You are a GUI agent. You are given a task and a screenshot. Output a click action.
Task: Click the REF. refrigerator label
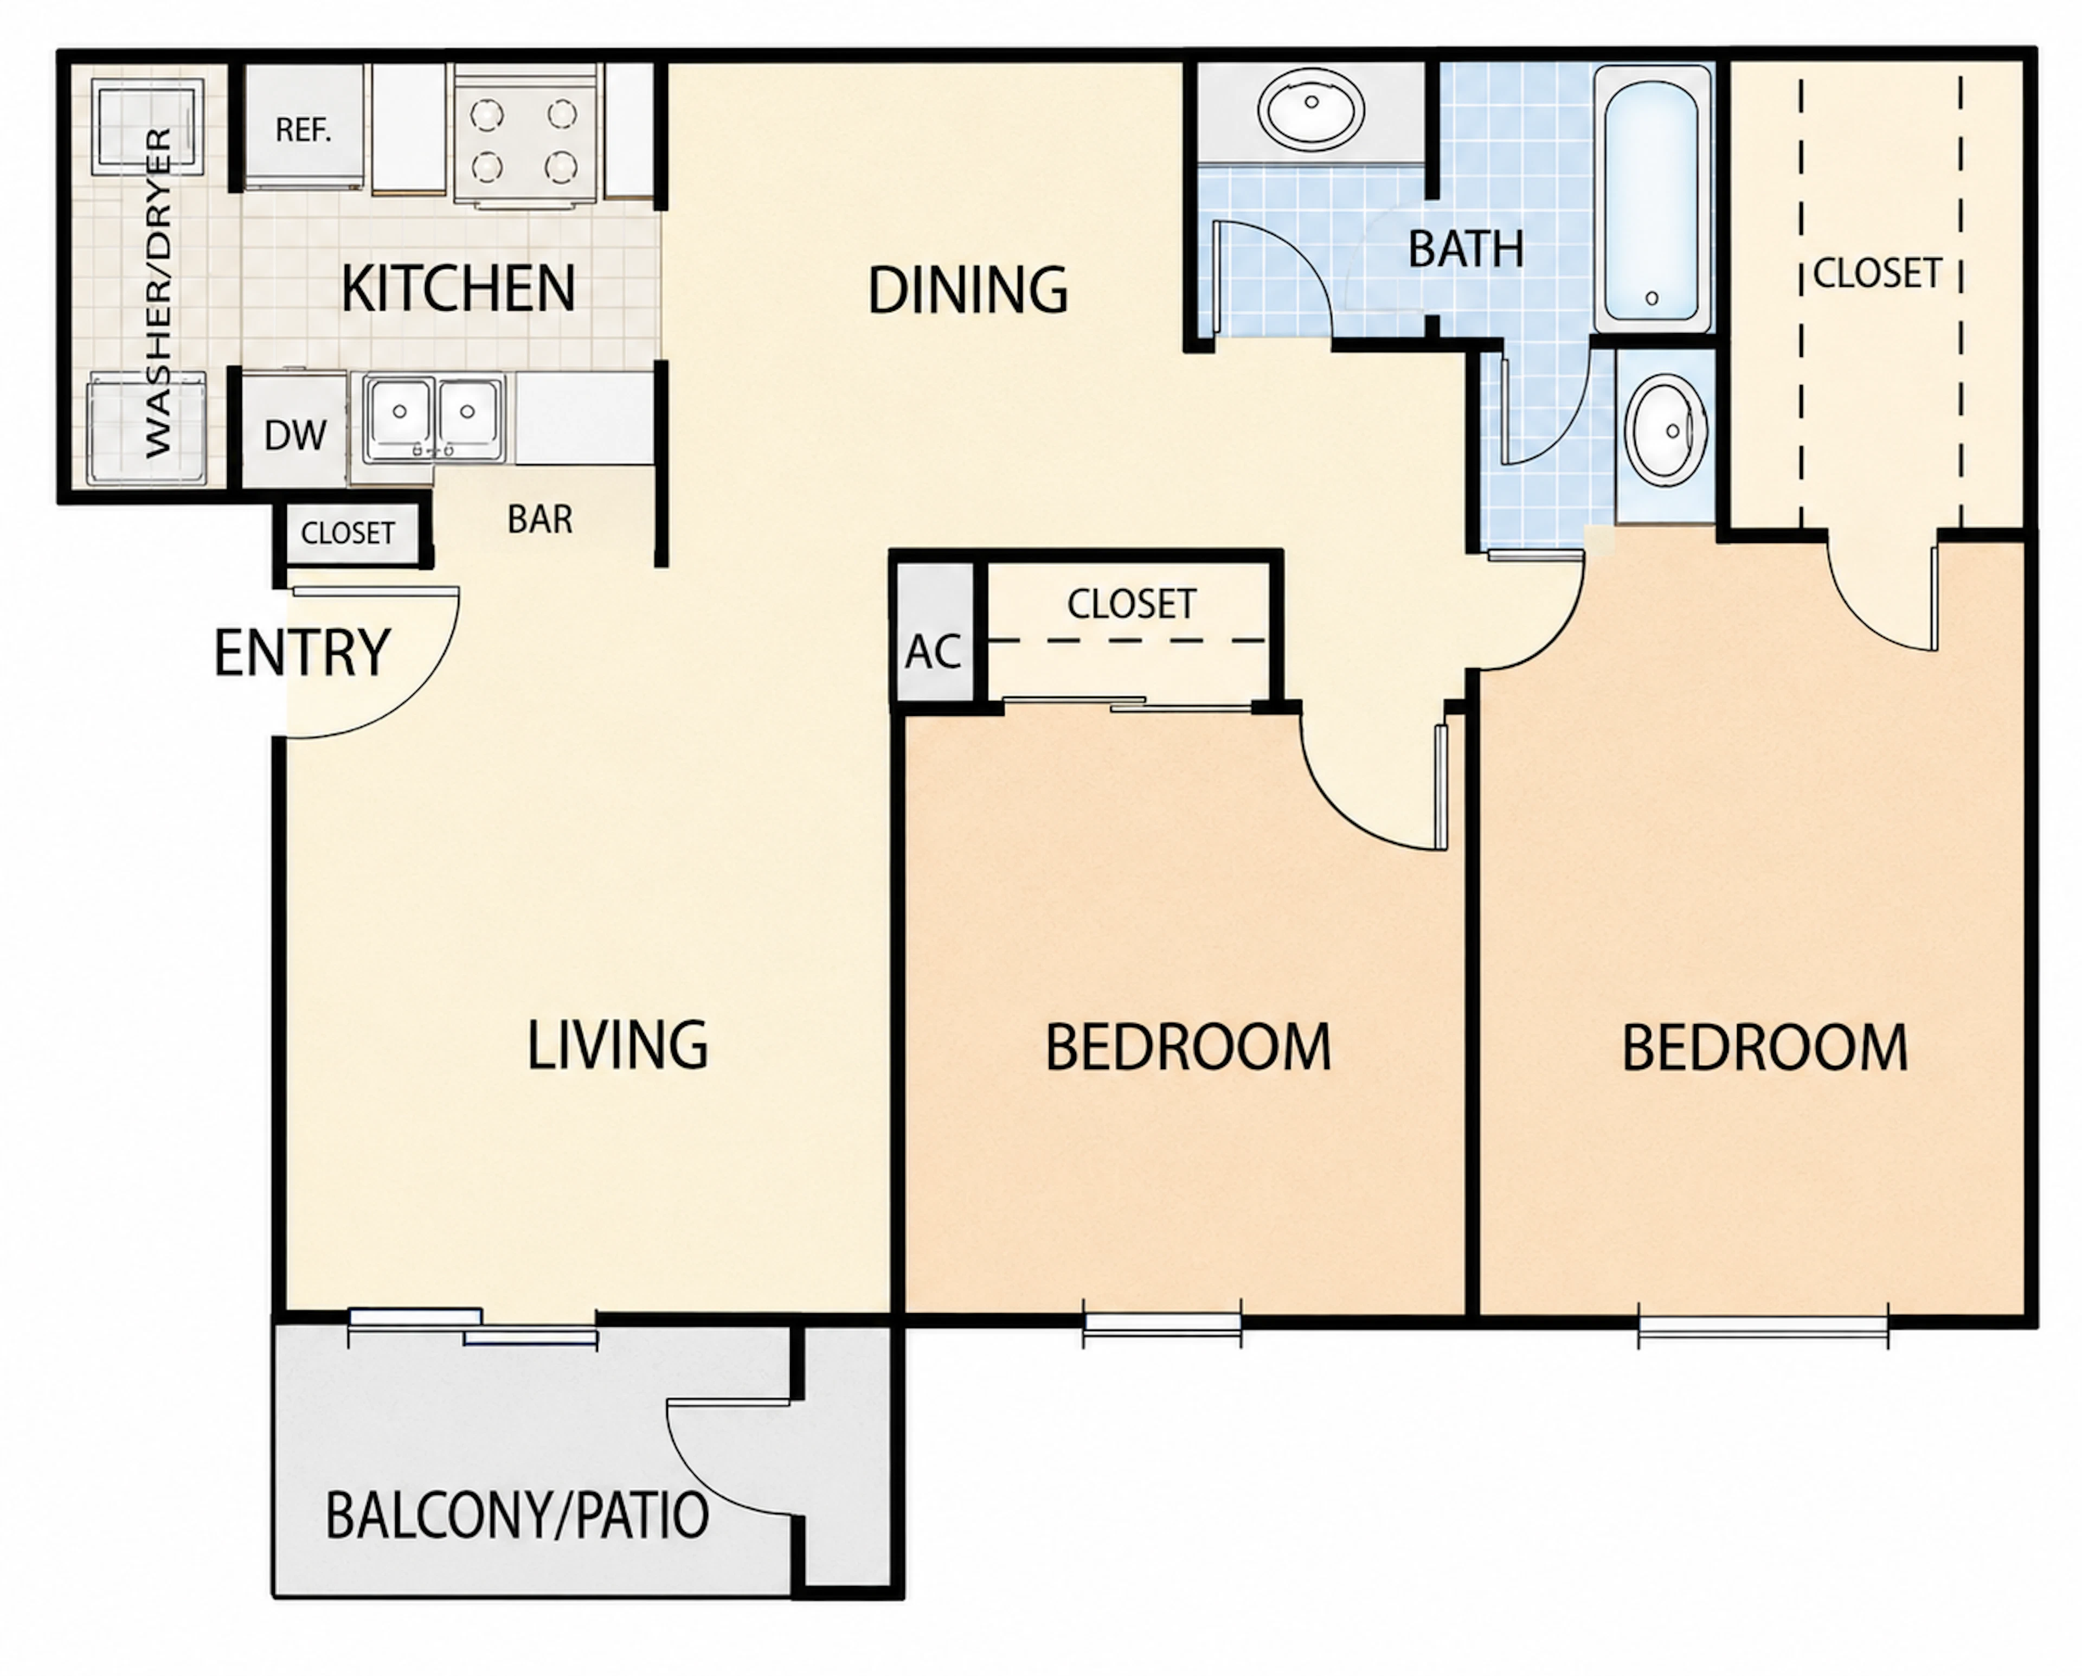point(303,130)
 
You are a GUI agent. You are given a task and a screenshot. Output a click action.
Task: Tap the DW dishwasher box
point(293,431)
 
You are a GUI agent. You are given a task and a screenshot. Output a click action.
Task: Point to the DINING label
point(968,290)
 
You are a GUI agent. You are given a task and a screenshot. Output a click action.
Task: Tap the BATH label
point(1466,249)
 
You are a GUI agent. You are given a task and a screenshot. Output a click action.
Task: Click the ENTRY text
point(301,653)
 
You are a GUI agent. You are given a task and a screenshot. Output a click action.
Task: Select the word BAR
point(540,520)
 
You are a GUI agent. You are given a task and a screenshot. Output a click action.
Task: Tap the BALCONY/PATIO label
point(517,1515)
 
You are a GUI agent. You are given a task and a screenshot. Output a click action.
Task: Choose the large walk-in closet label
point(1877,273)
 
